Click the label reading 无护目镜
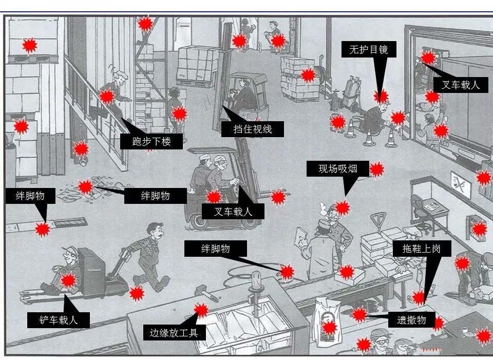tap(369, 49)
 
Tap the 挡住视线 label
tap(253, 129)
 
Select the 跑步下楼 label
tap(151, 142)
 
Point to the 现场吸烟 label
tap(338, 169)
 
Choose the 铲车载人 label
tap(59, 320)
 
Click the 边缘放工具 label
tap(174, 333)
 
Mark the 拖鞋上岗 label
tap(421, 249)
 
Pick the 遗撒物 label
tap(411, 320)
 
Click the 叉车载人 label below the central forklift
tap(233, 211)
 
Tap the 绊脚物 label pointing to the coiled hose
tap(215, 249)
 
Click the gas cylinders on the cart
tap(351, 91)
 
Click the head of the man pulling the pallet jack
tap(155, 231)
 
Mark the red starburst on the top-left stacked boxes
tap(30, 46)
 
